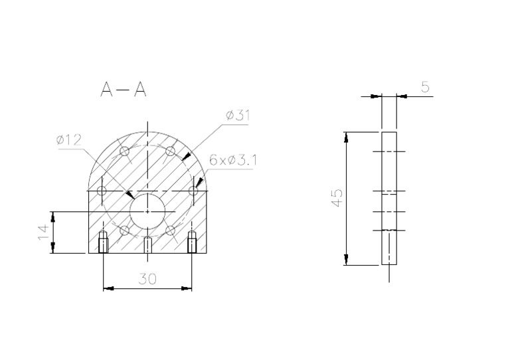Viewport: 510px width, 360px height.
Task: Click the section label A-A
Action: click(x=123, y=90)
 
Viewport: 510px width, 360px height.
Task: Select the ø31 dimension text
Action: click(x=237, y=116)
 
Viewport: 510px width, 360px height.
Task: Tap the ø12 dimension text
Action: click(x=68, y=139)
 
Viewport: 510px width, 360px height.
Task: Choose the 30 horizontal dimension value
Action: click(x=147, y=280)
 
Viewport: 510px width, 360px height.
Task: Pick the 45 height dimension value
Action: click(x=337, y=198)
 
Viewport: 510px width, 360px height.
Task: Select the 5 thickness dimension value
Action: click(x=424, y=86)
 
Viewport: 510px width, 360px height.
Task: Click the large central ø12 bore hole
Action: click(x=147, y=211)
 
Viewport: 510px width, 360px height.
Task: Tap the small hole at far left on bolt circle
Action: click(x=101, y=191)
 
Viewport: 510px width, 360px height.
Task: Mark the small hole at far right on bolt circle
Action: click(x=193, y=191)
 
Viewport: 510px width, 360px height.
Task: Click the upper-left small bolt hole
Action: click(x=124, y=151)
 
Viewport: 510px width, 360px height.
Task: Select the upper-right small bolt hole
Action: click(x=170, y=151)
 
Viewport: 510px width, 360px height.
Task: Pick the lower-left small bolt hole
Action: click(x=124, y=231)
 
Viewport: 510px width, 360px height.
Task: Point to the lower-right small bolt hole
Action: click(x=170, y=231)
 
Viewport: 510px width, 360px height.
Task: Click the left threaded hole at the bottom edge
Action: click(x=103, y=244)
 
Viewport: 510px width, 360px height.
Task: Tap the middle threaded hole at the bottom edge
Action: click(x=147, y=245)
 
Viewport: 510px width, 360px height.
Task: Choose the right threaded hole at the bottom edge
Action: click(x=192, y=244)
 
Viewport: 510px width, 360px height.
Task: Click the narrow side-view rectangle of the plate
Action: click(x=389, y=198)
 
